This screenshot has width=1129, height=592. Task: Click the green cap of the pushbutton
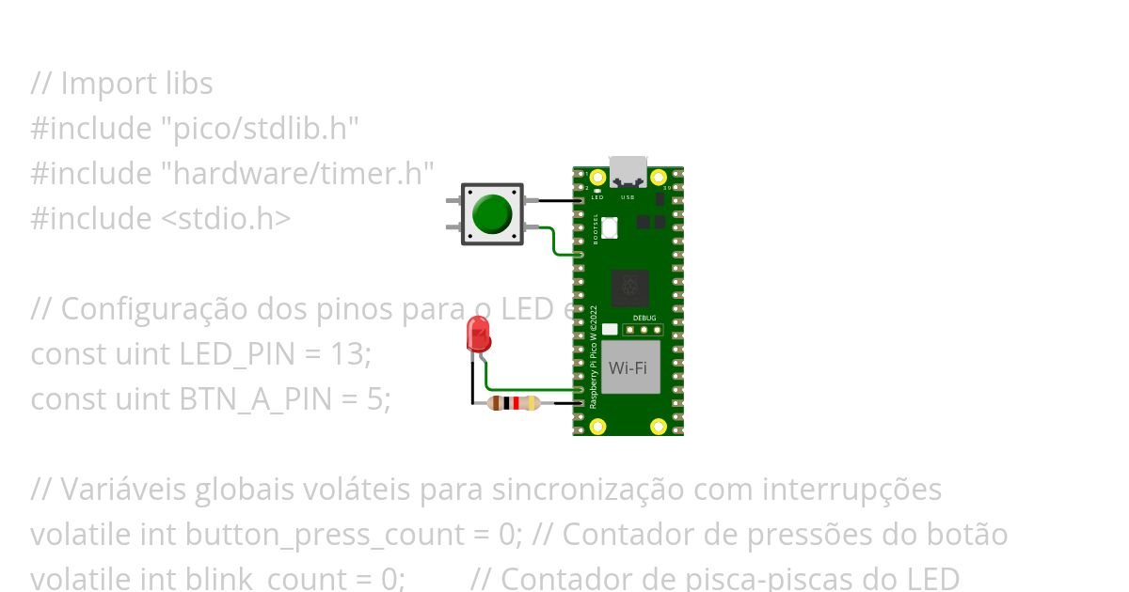pos(492,213)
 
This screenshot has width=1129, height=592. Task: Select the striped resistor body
pos(514,403)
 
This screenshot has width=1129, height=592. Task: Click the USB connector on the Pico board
pos(628,172)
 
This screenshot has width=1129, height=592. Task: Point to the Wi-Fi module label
pos(628,367)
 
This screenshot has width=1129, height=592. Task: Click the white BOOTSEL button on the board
pos(609,227)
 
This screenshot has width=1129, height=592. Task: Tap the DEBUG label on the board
pos(644,319)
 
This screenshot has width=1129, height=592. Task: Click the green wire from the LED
pos(527,389)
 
